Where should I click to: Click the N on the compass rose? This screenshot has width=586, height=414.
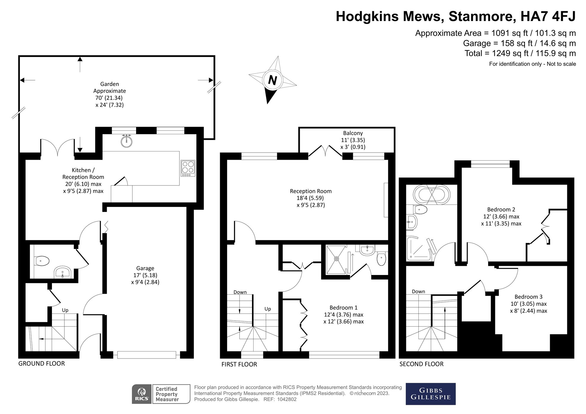click(x=272, y=80)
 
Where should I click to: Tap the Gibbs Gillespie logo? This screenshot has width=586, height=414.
click(x=430, y=394)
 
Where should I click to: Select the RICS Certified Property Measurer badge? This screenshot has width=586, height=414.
click(x=161, y=394)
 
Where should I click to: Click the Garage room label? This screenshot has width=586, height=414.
click(x=145, y=268)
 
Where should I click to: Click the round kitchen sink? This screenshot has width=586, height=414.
click(x=127, y=141)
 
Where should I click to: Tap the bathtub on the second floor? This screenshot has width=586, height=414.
click(x=431, y=194)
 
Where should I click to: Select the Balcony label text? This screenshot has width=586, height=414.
click(x=353, y=133)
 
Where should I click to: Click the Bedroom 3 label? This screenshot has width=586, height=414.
click(x=528, y=297)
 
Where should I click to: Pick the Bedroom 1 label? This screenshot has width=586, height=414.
click(x=343, y=308)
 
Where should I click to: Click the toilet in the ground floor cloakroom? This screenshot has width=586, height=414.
click(x=42, y=261)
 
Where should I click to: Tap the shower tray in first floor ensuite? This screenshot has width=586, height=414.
click(x=336, y=259)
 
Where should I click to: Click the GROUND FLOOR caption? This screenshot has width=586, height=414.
click(x=42, y=364)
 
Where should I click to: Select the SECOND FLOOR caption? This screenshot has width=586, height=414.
click(x=421, y=364)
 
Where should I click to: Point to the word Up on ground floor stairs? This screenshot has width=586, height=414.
click(x=65, y=310)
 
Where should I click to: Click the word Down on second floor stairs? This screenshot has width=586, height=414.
click(x=418, y=292)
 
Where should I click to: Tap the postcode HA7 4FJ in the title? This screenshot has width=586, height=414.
click(x=548, y=16)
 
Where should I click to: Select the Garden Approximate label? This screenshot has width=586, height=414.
click(x=109, y=87)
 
